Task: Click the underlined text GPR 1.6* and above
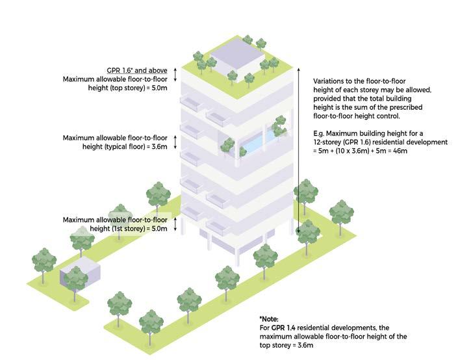(x=136, y=70)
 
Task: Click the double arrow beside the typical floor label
(x=176, y=143)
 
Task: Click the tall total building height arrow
(x=298, y=149)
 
